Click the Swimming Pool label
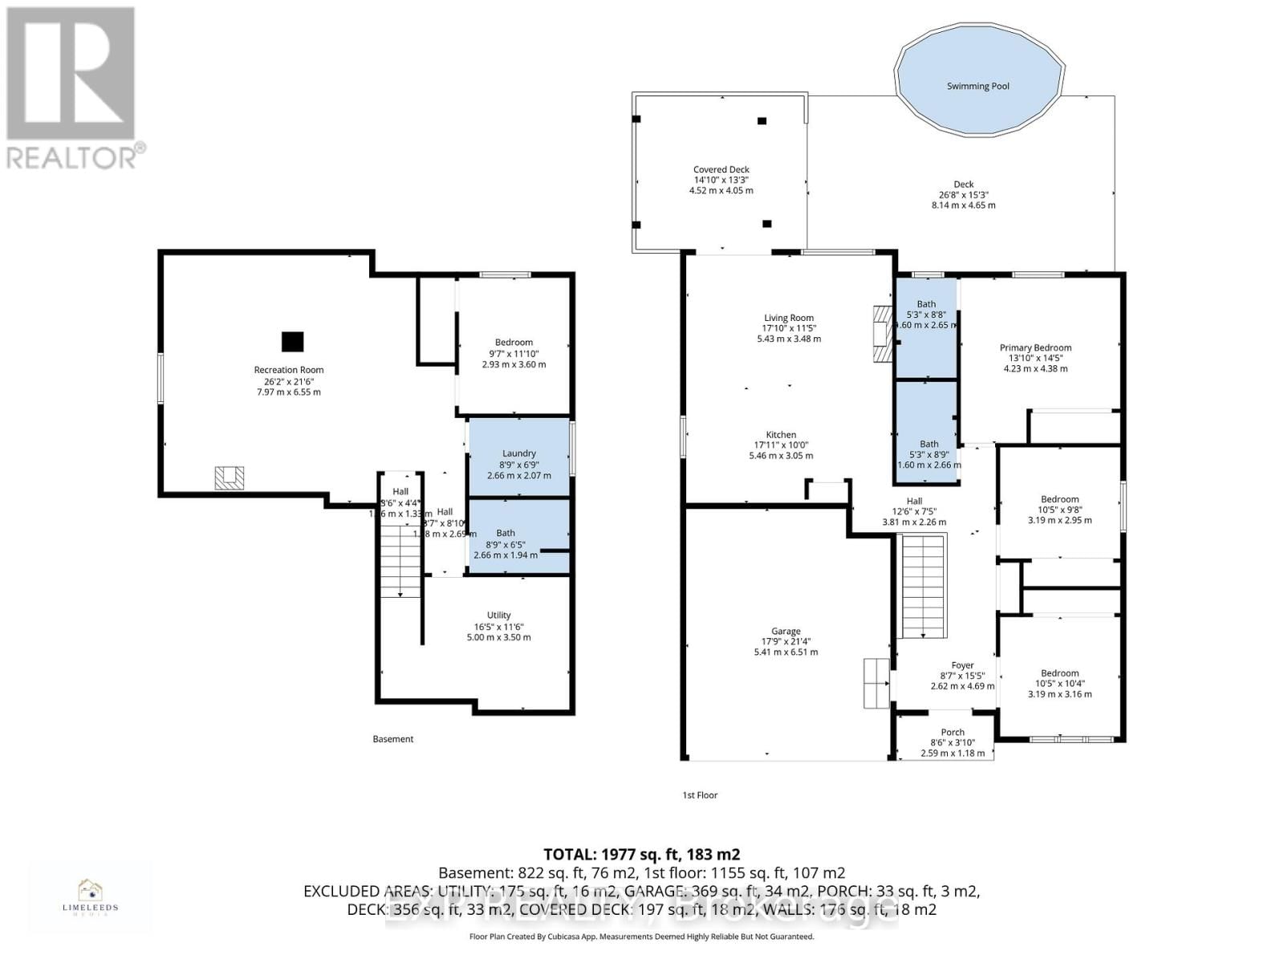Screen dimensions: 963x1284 click(977, 86)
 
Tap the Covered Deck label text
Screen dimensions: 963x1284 click(721, 169)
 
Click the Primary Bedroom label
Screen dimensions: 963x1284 click(1035, 347)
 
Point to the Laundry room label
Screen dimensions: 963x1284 click(518, 453)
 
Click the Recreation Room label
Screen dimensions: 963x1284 click(288, 370)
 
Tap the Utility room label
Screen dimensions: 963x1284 click(498, 616)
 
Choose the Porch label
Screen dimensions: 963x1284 click(953, 732)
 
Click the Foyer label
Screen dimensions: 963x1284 click(962, 665)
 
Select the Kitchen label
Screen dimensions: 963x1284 click(780, 435)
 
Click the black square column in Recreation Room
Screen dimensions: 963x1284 click(293, 341)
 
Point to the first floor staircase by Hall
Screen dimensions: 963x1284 click(924, 586)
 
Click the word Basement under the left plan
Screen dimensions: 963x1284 click(393, 739)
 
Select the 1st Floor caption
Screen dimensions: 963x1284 click(700, 795)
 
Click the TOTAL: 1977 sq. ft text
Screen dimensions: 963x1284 click(641, 855)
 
